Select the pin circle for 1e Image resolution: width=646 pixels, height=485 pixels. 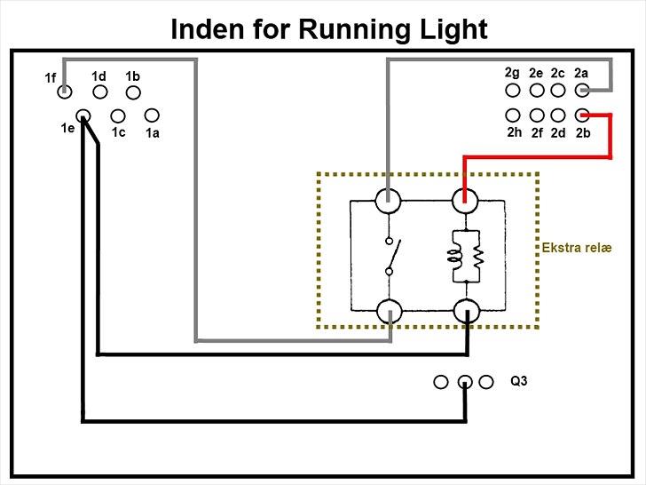(x=83, y=115)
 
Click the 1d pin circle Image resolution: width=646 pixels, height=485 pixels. (x=100, y=91)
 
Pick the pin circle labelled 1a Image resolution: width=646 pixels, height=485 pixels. (x=152, y=115)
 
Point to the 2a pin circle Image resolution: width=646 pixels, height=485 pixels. (x=582, y=90)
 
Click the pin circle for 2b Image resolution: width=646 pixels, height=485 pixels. (x=582, y=115)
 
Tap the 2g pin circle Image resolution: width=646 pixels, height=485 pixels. (x=513, y=90)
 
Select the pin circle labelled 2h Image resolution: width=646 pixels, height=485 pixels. (x=513, y=115)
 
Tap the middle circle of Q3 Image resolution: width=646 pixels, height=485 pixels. (x=464, y=383)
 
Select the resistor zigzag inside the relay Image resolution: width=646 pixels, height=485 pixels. (x=476, y=257)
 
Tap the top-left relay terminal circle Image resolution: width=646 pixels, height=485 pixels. (x=388, y=201)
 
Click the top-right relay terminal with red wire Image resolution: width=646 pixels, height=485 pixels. (x=465, y=201)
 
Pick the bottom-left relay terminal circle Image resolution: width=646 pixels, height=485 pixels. (x=389, y=311)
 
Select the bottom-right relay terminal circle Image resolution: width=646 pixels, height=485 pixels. (x=465, y=311)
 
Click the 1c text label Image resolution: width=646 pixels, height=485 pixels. (x=119, y=132)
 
